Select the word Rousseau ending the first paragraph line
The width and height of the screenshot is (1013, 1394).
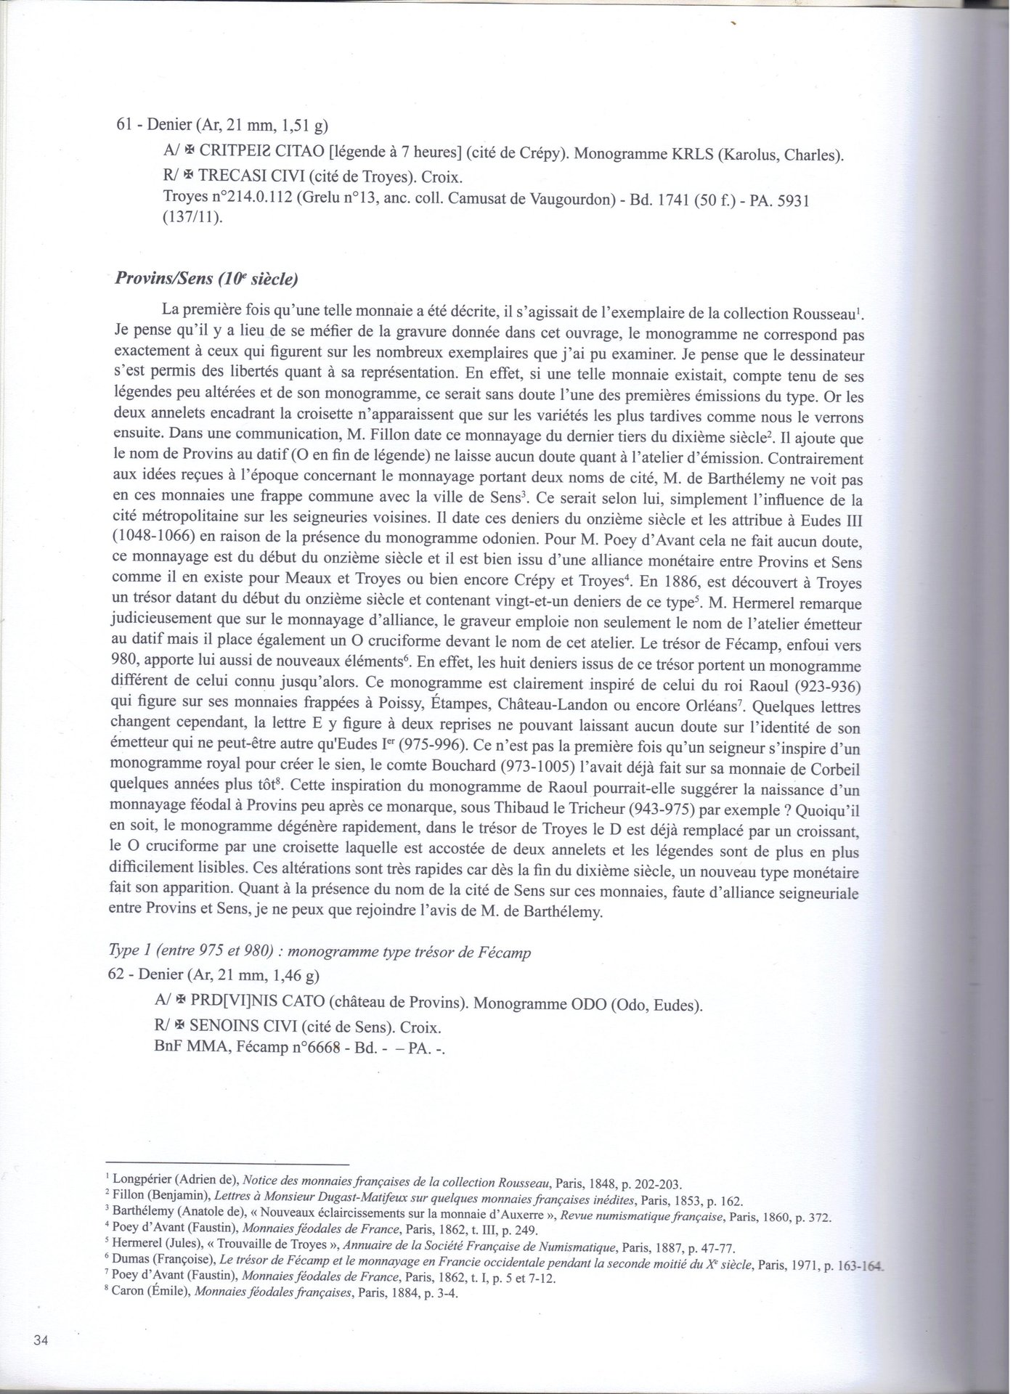click(823, 314)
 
